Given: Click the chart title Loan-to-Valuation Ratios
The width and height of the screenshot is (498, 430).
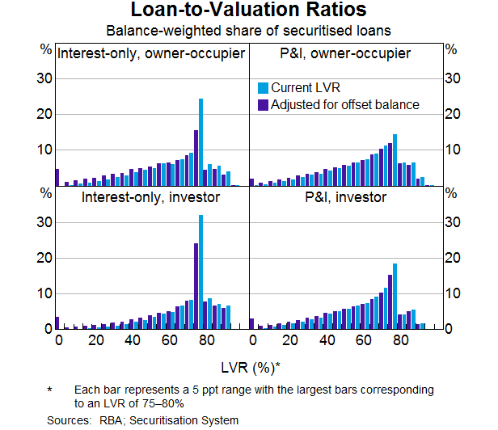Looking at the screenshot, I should click(x=249, y=11).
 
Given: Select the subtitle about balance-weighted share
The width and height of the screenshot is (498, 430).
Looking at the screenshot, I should click(x=249, y=31).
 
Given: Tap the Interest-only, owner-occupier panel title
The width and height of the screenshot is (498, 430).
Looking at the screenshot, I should click(x=151, y=54).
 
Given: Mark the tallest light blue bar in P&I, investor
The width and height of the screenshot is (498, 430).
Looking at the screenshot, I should click(x=395, y=296).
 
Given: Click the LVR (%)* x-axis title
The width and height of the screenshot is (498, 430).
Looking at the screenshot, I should click(x=249, y=368).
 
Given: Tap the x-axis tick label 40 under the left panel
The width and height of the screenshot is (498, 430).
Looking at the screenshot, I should click(x=133, y=340).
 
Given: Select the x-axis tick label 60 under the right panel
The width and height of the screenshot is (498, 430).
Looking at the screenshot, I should click(x=364, y=340).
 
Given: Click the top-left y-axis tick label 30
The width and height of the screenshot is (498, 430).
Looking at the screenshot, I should click(x=46, y=78).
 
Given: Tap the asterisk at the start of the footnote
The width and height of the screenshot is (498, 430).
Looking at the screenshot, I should click(x=49, y=390).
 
